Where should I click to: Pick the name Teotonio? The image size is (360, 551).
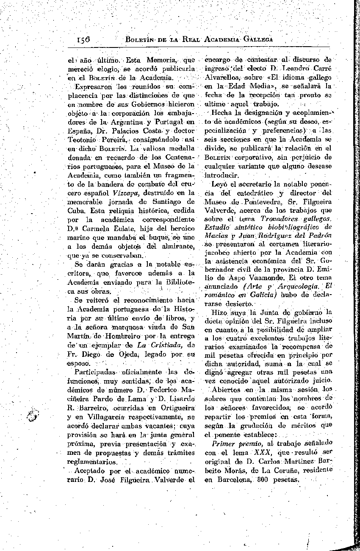coord(83,140)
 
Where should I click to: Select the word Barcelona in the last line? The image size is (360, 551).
coord(231,480)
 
